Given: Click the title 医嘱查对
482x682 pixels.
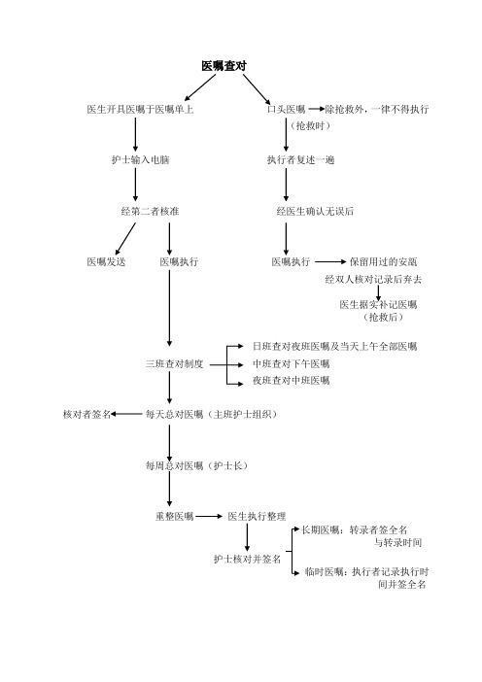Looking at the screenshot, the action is pyautogui.click(x=224, y=66).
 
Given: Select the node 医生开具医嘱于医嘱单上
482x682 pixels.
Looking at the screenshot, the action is pyautogui.click(x=140, y=109).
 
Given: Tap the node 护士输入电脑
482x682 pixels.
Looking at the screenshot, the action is pyautogui.click(x=140, y=159).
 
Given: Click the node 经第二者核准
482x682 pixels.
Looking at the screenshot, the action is pyautogui.click(x=150, y=212).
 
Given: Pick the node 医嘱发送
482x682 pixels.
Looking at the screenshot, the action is pyautogui.click(x=106, y=262).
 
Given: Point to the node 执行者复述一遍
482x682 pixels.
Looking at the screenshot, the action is pyautogui.click(x=300, y=159).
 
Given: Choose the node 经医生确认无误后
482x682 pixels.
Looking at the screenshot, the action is pyautogui.click(x=315, y=212).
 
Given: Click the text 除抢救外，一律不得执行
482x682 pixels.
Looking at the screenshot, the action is pyautogui.click(x=377, y=109).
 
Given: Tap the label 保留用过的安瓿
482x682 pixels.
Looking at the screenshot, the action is pyautogui.click(x=383, y=262).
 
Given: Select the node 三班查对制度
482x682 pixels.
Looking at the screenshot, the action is pyautogui.click(x=175, y=364).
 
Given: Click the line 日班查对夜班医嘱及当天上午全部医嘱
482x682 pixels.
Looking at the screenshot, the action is pyautogui.click(x=335, y=347).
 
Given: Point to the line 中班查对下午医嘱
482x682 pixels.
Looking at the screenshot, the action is pyautogui.click(x=291, y=363).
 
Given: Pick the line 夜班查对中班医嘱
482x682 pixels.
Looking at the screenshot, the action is pyautogui.click(x=291, y=381).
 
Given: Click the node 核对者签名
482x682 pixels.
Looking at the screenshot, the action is pyautogui.click(x=87, y=415).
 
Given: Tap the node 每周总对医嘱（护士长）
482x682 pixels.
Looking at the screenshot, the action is pyautogui.click(x=198, y=465).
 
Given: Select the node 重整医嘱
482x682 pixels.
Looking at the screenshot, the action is pyautogui.click(x=175, y=516).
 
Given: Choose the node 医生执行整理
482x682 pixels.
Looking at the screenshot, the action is pyautogui.click(x=258, y=516).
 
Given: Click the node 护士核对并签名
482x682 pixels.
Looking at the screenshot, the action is pyautogui.click(x=247, y=559).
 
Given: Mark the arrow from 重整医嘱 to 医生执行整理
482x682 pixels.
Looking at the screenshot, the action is pyautogui.click(x=209, y=516).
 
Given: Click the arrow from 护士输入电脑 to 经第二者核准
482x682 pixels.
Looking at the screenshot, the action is pyautogui.click(x=135, y=185).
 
